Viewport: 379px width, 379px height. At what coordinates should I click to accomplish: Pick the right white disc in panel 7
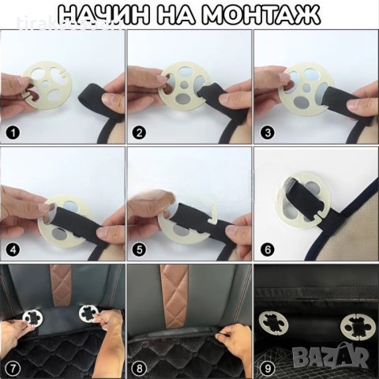tap(88, 316)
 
